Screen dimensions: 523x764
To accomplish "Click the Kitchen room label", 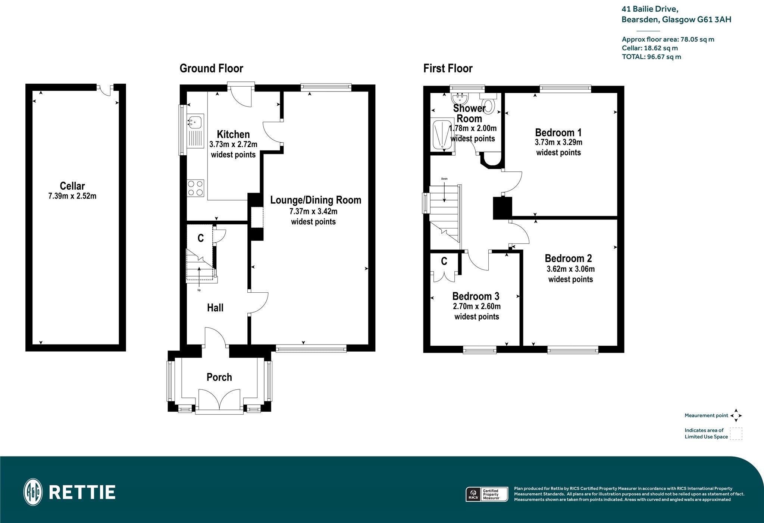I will click(233, 134).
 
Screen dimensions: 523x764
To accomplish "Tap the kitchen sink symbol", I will click(195, 121).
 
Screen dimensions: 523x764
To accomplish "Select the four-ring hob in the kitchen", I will click(195, 188).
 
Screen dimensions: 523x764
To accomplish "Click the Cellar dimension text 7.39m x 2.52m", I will click(72, 196).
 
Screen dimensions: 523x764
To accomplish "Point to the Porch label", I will click(219, 377).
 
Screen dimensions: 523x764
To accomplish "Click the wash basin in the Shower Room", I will click(460, 99).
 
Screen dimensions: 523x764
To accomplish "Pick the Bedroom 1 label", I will click(558, 133).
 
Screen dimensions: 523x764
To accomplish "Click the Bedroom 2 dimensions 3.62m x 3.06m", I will click(570, 269).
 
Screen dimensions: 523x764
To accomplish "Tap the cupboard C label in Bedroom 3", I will click(444, 261).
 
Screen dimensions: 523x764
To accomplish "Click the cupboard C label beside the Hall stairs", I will click(201, 238).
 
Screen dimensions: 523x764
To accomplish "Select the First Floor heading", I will click(448, 69).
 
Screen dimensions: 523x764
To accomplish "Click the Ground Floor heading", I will click(211, 69).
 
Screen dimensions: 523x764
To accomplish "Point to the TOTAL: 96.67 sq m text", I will click(651, 57).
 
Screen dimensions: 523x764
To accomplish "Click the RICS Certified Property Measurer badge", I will click(487, 494).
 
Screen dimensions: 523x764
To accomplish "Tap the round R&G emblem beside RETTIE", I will click(33, 492).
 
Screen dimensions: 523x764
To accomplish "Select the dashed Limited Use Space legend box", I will click(736, 434).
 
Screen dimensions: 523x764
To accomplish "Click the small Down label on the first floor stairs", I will click(444, 179).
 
